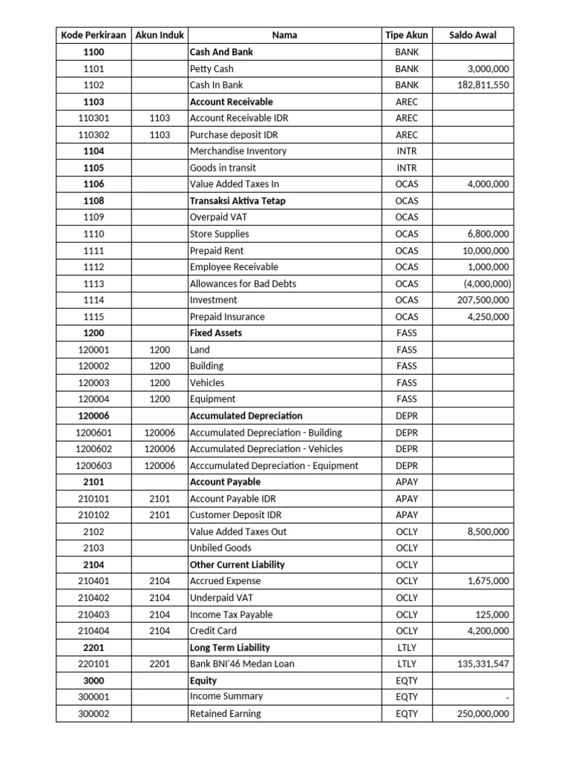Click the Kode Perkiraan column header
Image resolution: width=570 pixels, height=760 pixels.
click(94, 36)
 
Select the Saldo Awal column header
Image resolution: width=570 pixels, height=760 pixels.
click(473, 36)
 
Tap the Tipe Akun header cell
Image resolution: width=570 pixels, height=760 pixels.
click(406, 36)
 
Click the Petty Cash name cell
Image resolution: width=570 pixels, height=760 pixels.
click(212, 69)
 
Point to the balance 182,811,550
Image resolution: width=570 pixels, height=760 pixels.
click(483, 85)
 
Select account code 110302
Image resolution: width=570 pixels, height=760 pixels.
click(94, 135)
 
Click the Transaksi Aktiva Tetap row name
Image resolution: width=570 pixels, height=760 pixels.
click(237, 201)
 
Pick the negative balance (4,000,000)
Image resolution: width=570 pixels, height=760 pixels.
click(486, 284)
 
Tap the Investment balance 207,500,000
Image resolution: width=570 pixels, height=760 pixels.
click(483, 300)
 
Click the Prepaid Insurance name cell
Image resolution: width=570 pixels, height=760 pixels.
click(227, 317)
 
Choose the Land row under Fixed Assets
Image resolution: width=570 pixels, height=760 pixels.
click(200, 350)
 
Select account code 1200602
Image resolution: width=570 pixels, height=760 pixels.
click(94, 449)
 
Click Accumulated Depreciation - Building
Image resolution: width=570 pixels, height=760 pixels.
click(266, 433)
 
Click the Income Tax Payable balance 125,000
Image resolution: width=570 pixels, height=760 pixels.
click(492, 615)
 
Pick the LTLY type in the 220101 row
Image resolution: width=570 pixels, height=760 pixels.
click(406, 664)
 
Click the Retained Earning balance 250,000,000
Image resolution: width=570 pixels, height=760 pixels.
click(483, 714)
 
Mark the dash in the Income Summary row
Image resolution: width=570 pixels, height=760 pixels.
click(507, 697)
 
